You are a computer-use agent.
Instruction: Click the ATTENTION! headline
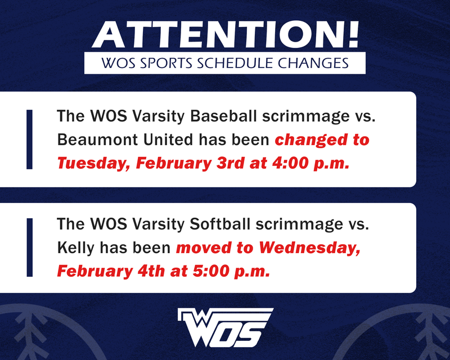[x=225, y=35]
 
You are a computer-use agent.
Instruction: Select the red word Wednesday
[x=308, y=247]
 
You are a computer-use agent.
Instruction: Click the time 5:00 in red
[x=205, y=271]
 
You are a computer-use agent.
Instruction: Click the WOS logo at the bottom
[x=225, y=328]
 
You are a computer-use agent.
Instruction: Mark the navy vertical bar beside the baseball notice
[x=30, y=139]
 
